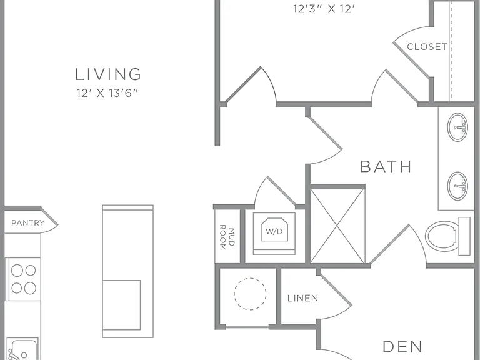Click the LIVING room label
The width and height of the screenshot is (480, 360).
coord(108,74)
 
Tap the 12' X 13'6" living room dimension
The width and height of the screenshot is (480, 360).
coord(108,92)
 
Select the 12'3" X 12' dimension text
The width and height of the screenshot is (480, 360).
coord(324,9)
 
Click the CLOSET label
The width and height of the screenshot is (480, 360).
coord(427,47)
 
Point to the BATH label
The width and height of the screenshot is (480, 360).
coord(386,166)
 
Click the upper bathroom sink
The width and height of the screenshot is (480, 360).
coord(457,127)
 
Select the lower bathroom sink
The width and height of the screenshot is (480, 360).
coord(457,186)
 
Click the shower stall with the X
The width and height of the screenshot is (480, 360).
coord(337,226)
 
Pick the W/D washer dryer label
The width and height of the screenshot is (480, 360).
coord(274,232)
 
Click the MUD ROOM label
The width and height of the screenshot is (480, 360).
coord(227,237)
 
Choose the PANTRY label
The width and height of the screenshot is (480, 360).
coord(28,223)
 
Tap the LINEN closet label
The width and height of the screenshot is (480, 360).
coord(302,298)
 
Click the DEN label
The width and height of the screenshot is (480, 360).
coord(402,347)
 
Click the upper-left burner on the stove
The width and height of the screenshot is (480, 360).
coord(17,271)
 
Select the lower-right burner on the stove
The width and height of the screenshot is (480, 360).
coord(30,288)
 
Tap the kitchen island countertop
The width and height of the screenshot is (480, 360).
coord(127,271)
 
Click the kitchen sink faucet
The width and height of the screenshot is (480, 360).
coord(12,355)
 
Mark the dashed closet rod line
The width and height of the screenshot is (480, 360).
coord(451,51)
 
